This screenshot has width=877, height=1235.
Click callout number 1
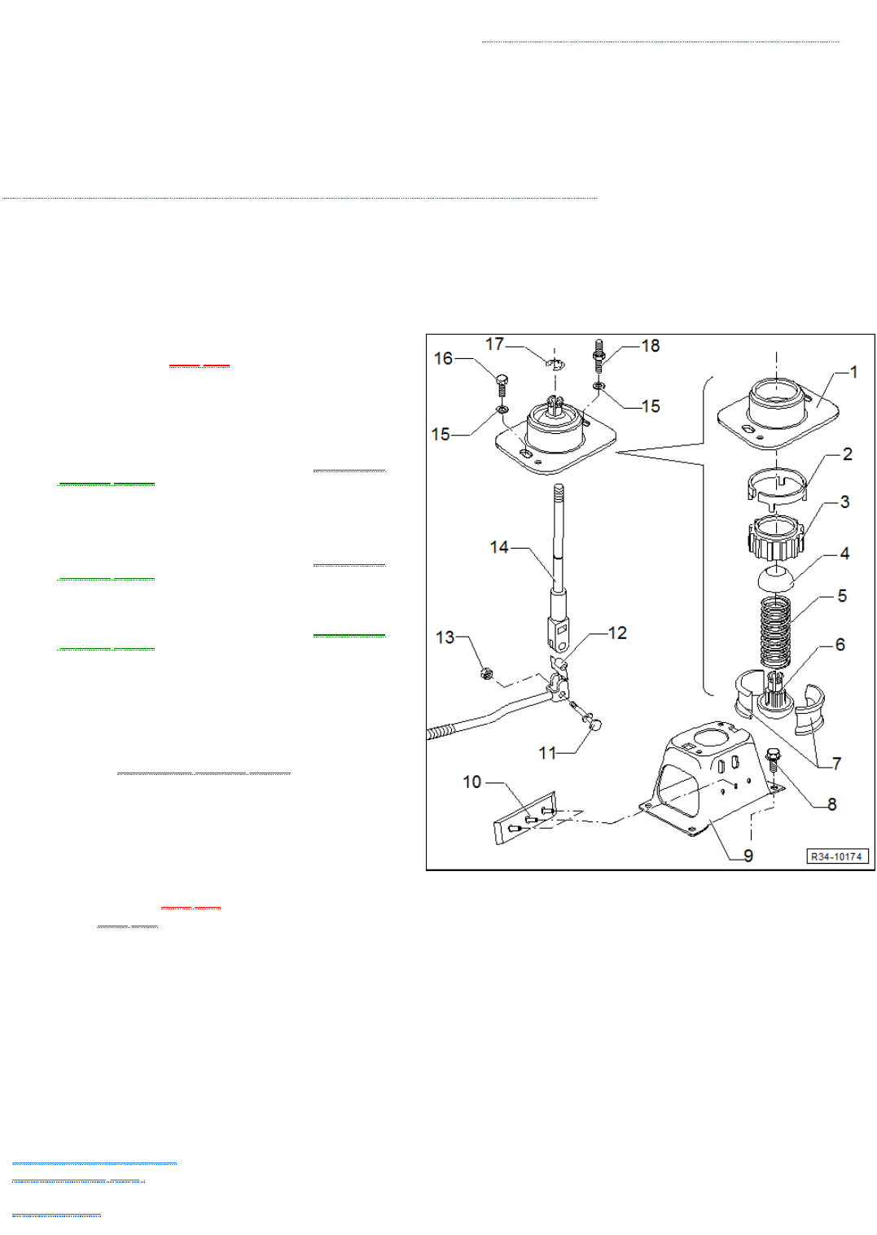[x=853, y=372]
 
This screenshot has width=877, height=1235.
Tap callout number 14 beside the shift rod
[x=499, y=547]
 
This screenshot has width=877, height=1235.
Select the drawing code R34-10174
[x=836, y=856]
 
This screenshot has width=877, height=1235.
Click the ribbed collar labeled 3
[x=776, y=537]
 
